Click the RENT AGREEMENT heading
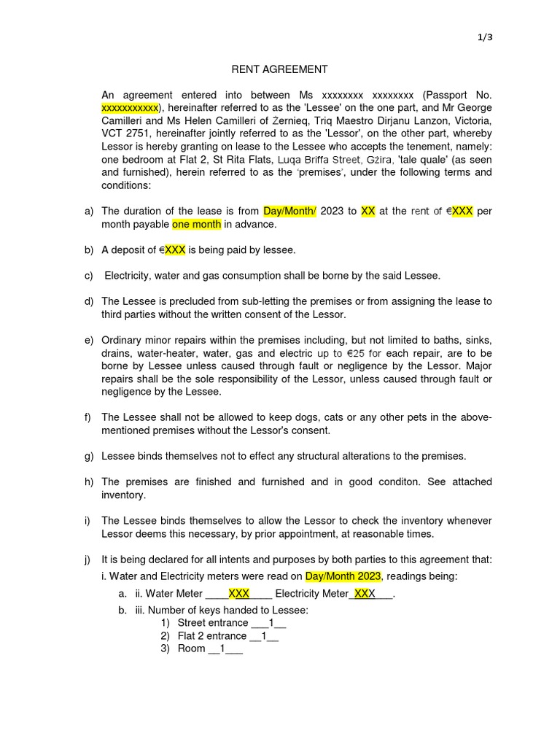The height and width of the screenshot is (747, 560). [x=279, y=69]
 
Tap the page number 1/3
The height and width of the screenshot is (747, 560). [x=486, y=38]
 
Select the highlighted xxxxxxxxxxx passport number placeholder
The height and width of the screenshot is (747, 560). [x=129, y=108]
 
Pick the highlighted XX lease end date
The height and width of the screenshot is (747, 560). [x=367, y=212]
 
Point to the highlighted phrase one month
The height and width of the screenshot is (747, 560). [x=196, y=225]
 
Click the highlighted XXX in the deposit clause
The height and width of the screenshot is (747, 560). [x=174, y=250]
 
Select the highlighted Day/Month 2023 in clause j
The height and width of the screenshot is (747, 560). [x=343, y=576]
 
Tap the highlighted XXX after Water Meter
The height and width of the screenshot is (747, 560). [x=239, y=594]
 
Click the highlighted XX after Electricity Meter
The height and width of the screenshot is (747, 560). [x=361, y=594]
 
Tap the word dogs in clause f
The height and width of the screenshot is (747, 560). [x=302, y=417]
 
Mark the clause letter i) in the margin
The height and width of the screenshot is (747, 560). [x=87, y=521]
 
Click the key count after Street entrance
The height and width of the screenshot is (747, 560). [x=271, y=623]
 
